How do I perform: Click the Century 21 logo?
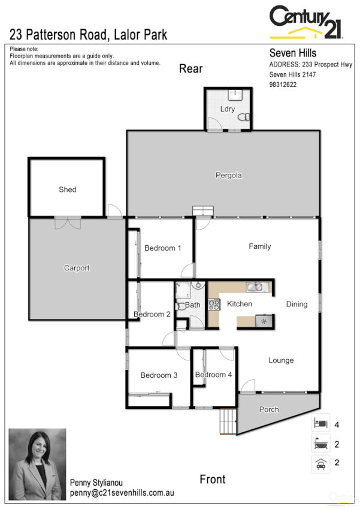tap(306, 22)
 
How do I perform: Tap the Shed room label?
tap(68, 189)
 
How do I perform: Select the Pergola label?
tap(229, 176)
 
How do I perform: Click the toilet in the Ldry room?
tap(243, 119)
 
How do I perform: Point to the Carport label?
tap(77, 268)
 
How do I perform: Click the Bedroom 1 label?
tap(163, 248)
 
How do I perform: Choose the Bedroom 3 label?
tap(159, 375)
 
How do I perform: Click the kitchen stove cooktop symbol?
tap(214, 305)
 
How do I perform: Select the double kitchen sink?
tap(256, 287)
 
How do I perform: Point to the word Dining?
tap(297, 305)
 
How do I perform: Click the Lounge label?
tap(281, 360)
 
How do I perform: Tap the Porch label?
tap(269, 409)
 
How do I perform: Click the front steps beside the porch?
tap(228, 421)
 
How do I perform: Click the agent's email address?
tap(122, 493)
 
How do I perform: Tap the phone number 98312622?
tap(283, 85)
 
